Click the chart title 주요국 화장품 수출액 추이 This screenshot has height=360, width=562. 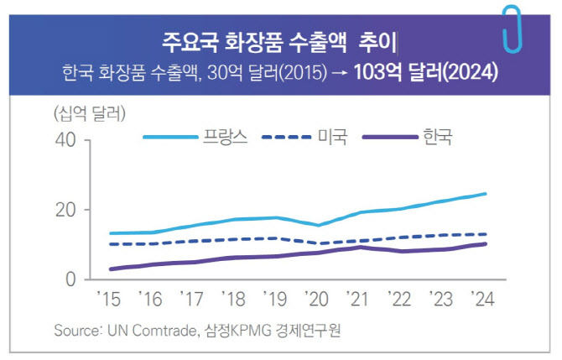[279, 41]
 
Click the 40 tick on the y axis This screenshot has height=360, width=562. [66, 141]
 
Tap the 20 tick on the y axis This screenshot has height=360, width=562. [66, 210]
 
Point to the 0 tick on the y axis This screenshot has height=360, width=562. [72, 279]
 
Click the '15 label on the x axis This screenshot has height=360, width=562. [109, 300]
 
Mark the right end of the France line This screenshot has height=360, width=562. [487, 194]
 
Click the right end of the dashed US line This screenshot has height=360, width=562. [487, 234]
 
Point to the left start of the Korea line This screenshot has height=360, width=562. [112, 269]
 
